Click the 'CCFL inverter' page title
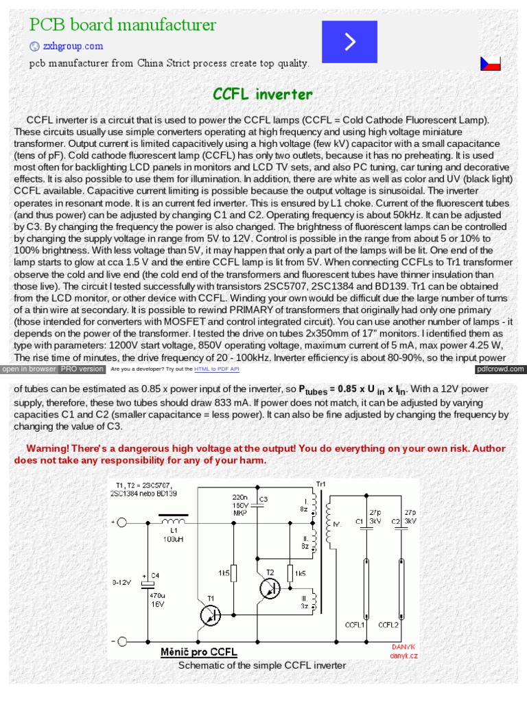coord(263,94)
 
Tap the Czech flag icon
coord(490,64)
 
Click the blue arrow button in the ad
coord(350,42)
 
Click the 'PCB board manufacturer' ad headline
coord(122,25)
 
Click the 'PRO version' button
coord(82,369)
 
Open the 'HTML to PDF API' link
coord(216,369)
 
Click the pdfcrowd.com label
coord(500,369)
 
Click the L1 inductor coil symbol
coord(174,522)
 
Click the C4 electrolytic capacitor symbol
coord(147,584)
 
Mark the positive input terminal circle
coord(121,522)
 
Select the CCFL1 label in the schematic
coord(355,625)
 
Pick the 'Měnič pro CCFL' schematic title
coord(198,651)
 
